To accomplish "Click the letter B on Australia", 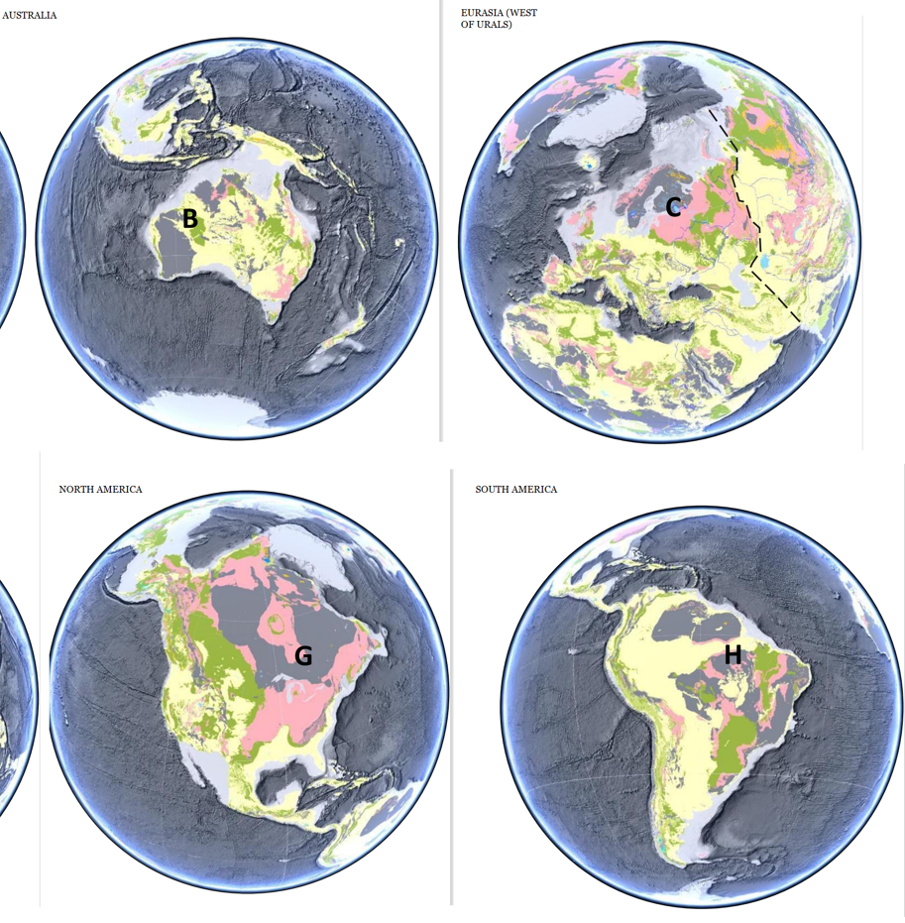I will pos(189,219).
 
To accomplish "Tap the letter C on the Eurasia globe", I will pos(673,207).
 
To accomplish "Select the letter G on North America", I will pos(303,655).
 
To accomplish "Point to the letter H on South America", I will pos(733,654).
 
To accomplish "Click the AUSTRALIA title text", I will pos(30,15).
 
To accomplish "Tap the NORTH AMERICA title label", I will pos(100,489).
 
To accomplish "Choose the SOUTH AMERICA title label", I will pos(515,489).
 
